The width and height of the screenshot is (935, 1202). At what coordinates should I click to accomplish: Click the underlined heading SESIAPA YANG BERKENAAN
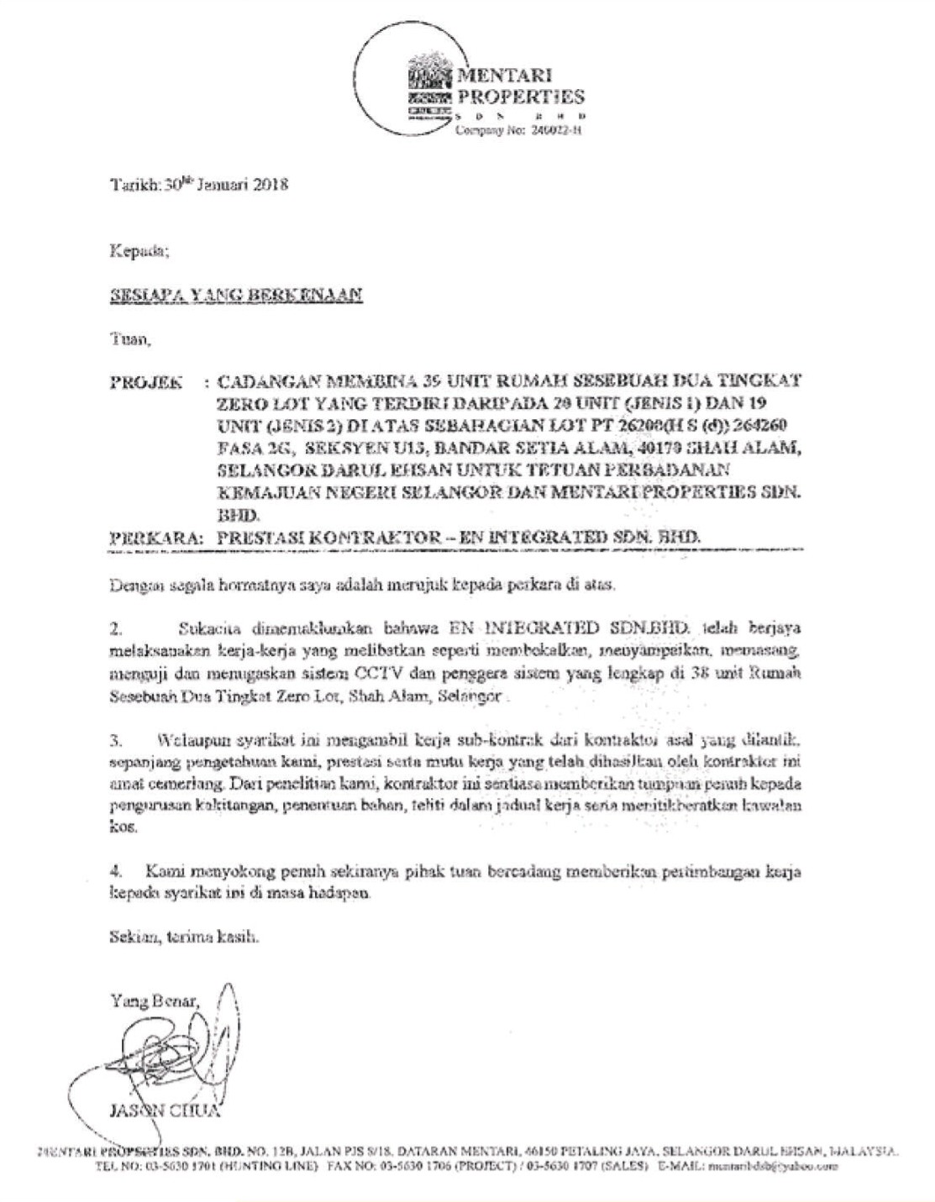pos(236,297)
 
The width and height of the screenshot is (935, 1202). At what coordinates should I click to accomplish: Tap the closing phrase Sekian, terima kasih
pos(182,936)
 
